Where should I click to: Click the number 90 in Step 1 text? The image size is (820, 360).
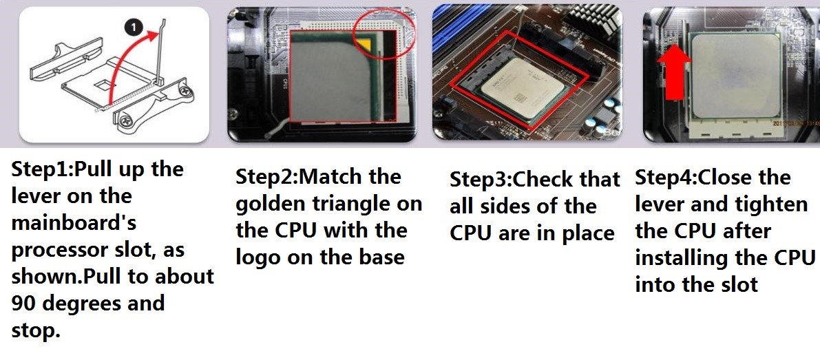[x=23, y=304]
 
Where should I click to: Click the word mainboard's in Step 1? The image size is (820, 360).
[x=74, y=224]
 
